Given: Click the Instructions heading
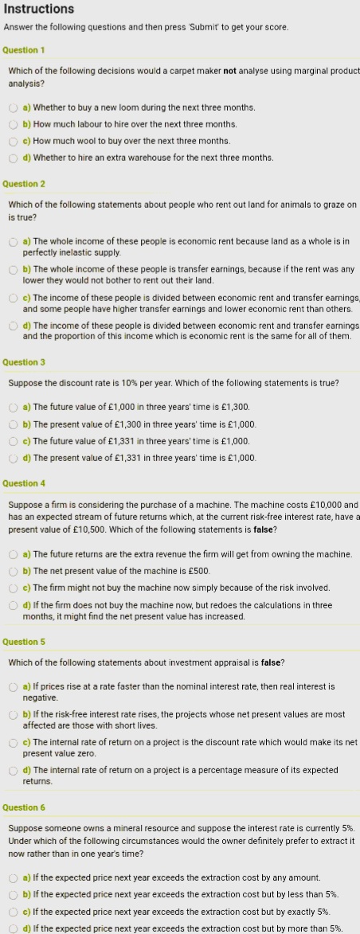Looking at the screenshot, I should (39, 10).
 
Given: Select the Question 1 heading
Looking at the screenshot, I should (24, 50).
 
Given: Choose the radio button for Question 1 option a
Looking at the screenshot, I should (14, 107).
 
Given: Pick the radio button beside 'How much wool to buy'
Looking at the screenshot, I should (14, 141).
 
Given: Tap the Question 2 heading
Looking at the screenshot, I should (24, 184).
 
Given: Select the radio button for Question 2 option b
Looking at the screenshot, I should (14, 269).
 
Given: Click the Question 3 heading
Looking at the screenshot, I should (24, 362).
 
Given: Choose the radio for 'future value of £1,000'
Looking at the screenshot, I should (14, 408).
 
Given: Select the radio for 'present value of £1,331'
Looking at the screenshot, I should (14, 458).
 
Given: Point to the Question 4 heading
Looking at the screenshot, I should (24, 483).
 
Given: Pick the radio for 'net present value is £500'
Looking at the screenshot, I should (14, 571).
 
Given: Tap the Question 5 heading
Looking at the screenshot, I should (24, 642).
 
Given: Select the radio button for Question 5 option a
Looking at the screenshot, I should (14, 686).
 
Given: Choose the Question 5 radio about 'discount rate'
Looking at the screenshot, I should (14, 743).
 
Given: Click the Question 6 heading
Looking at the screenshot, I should (24, 807).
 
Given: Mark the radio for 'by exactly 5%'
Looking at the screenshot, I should (14, 912).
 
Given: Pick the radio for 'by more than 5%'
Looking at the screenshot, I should (14, 928).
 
